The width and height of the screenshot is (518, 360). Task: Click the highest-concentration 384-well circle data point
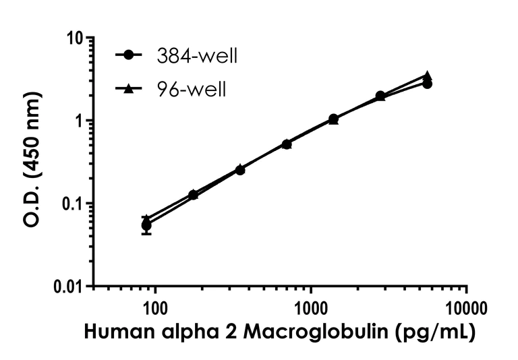[427, 84]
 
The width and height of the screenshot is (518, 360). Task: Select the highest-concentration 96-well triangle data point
[427, 76]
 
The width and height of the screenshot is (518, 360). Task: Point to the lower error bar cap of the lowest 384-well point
[146, 234]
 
